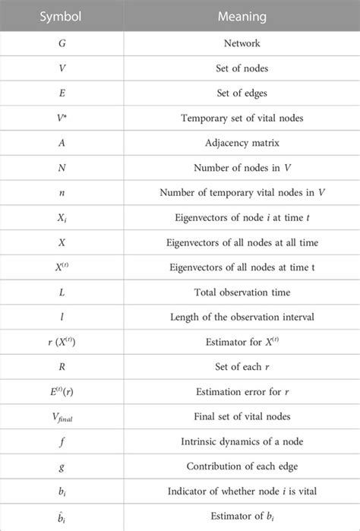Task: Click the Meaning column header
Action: (x=235, y=14)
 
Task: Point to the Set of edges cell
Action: (x=235, y=93)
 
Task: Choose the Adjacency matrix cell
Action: (x=235, y=142)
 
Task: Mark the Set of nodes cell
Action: (x=235, y=69)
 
